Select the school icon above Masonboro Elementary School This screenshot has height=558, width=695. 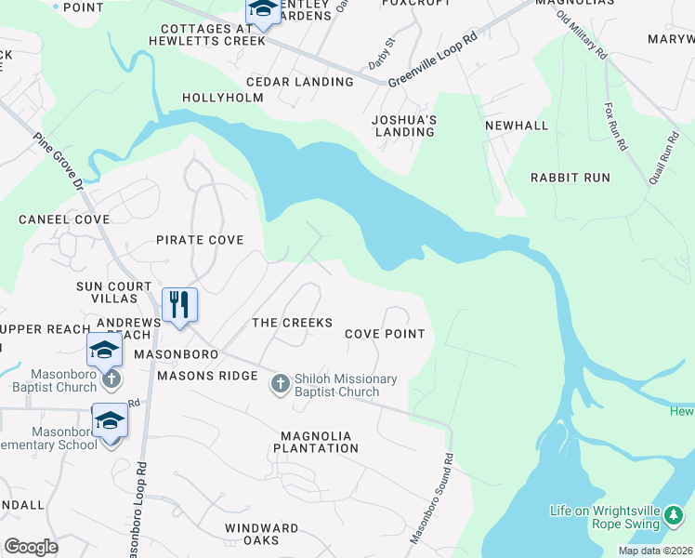(110, 420)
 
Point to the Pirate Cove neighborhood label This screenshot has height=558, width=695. (200, 240)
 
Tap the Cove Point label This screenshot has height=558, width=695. (385, 334)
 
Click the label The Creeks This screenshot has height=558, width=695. (292, 323)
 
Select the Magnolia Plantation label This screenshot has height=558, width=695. (316, 442)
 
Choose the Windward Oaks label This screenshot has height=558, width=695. (262, 535)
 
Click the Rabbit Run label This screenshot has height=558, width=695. (570, 177)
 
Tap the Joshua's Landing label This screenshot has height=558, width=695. (404, 126)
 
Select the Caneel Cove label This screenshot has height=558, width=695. (65, 219)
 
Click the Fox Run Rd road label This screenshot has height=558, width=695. (616, 127)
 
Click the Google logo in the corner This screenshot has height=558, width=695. (32, 547)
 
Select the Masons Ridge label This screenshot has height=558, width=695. (207, 376)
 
